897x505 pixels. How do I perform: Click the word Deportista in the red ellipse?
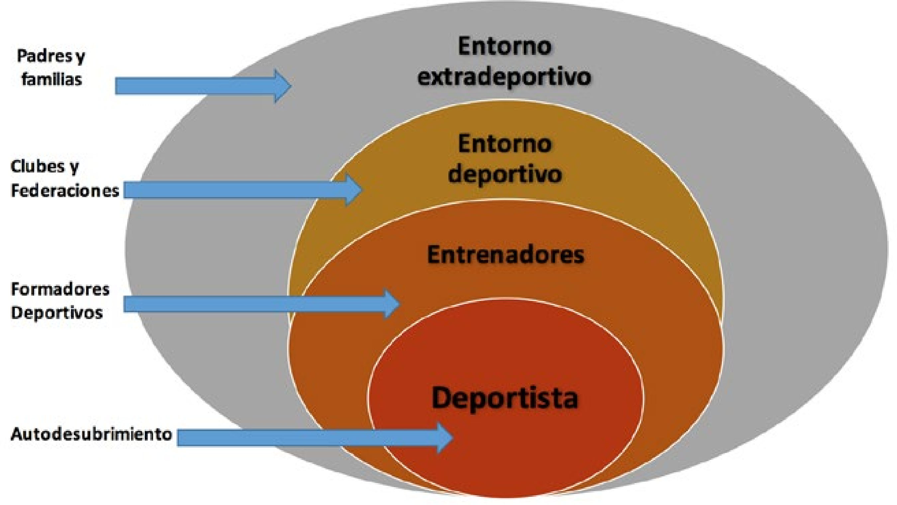[x=505, y=398]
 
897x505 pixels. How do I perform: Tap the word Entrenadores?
[x=506, y=255]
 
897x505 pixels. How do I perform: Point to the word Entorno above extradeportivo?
[x=505, y=46]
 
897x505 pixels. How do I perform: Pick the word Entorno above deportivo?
[x=505, y=144]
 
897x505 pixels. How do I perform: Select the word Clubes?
[x=38, y=166]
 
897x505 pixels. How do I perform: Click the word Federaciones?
[x=65, y=190]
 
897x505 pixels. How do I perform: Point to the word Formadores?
[x=60, y=289]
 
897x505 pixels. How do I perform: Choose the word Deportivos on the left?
[x=57, y=312]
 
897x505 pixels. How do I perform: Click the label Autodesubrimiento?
[x=91, y=434]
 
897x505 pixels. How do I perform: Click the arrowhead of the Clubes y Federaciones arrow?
[x=353, y=190]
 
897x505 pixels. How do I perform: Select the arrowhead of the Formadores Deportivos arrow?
[x=391, y=304]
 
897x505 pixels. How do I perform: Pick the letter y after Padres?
[x=80, y=57]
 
